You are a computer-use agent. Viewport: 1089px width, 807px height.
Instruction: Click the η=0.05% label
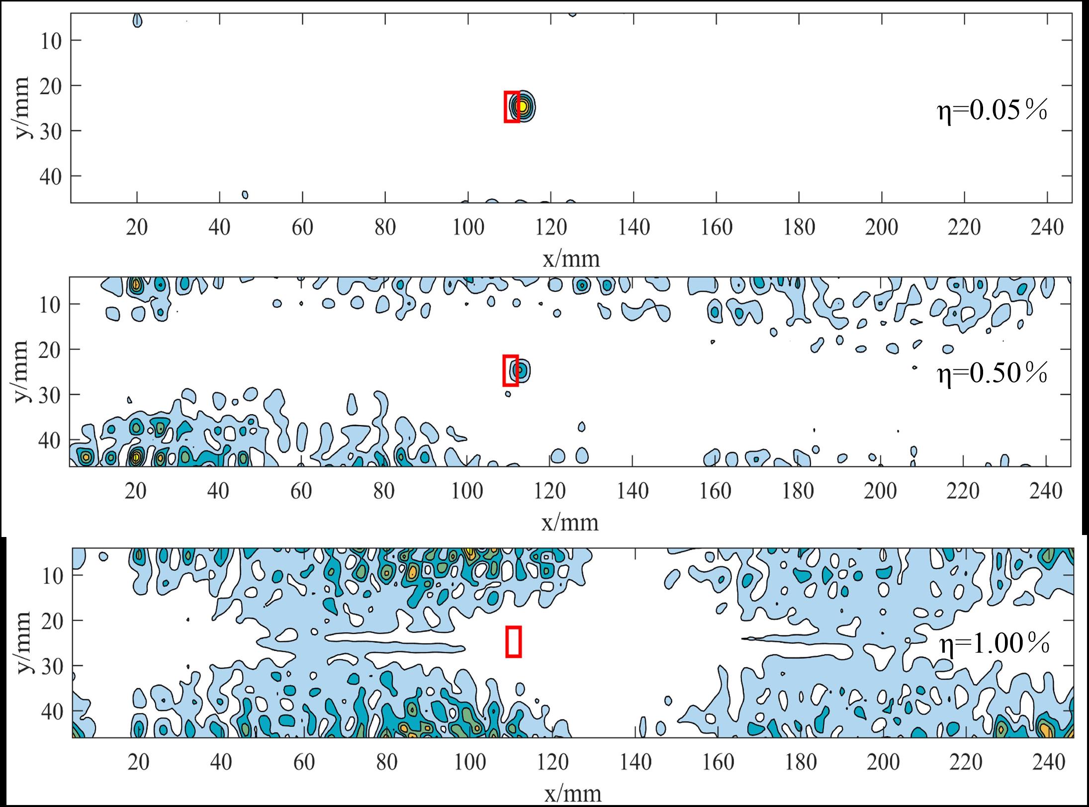[992, 111]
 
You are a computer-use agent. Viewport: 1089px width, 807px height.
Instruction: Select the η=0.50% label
[992, 374]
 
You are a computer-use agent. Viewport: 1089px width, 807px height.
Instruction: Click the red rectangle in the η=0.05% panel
[512, 106]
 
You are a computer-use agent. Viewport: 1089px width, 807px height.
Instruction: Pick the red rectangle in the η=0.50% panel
[511, 370]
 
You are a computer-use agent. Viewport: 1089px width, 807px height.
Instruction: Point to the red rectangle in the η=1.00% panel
[513, 641]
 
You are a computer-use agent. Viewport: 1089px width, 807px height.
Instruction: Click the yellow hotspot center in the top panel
[522, 106]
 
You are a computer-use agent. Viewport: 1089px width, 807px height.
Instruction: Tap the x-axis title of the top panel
[571, 259]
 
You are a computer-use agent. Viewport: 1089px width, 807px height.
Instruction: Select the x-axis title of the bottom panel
[572, 793]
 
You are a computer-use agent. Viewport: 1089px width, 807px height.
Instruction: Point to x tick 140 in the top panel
[634, 228]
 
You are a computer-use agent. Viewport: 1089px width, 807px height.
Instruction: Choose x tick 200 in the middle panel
[880, 491]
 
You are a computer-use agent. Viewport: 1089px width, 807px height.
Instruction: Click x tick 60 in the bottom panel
[304, 762]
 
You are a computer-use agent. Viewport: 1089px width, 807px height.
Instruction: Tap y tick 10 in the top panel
[51, 40]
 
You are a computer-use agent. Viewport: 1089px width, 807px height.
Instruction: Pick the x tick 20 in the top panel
[137, 228]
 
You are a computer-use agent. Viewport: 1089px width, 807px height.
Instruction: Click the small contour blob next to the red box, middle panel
[521, 370]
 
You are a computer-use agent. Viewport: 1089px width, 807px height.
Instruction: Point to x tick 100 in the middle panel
[467, 491]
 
